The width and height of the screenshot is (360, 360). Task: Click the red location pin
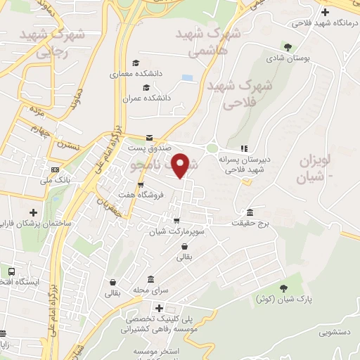point(181,165)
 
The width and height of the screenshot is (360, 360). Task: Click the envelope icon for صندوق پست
point(149,139)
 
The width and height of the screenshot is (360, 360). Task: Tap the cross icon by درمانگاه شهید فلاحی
point(324,12)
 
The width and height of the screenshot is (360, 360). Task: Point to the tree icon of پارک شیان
point(283,288)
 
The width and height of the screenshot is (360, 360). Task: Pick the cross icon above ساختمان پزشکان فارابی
point(32,212)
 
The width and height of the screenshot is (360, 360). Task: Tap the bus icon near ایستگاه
point(11,271)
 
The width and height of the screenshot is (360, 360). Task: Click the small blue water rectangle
point(186,77)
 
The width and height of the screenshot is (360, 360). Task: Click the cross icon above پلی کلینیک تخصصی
point(160,308)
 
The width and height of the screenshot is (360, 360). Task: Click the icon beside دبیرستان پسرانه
point(243,148)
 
